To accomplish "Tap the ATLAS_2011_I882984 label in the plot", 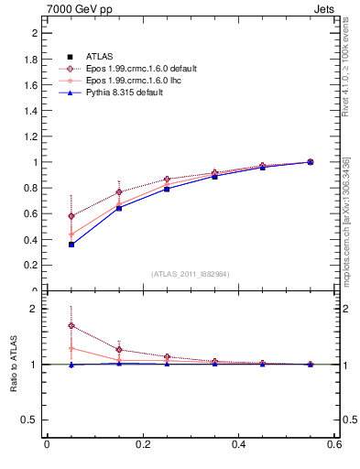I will pyautogui.click(x=191, y=274).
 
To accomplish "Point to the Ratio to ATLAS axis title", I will pyautogui.click(x=14, y=364).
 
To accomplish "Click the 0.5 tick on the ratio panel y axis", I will pyautogui.click(x=31, y=420).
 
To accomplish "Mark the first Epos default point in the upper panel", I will pyautogui.click(x=71, y=216).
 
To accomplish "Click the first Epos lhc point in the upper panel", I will pyautogui.click(x=71, y=234).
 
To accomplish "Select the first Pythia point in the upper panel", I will pyautogui.click(x=71, y=245).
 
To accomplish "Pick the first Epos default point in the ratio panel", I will pyautogui.click(x=71, y=325).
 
